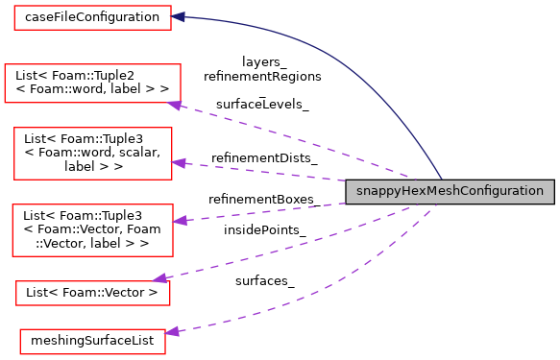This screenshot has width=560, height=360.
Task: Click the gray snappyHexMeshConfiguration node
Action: click(x=450, y=191)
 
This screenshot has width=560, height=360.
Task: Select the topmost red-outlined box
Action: click(x=92, y=17)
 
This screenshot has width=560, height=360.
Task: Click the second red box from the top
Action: click(x=92, y=84)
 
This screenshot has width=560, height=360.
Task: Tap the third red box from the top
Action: click(x=92, y=153)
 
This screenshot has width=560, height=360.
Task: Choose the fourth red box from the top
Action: click(x=92, y=229)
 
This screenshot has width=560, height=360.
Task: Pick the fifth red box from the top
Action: click(x=92, y=293)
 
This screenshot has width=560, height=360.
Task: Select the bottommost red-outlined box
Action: click(x=92, y=341)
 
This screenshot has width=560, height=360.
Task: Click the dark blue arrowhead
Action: click(x=178, y=17)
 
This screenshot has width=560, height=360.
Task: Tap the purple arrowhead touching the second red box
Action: click(x=175, y=105)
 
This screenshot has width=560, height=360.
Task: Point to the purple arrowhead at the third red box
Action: click(x=179, y=163)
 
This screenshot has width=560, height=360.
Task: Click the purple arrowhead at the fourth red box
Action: click(x=180, y=221)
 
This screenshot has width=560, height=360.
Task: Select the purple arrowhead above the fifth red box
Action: click(x=160, y=278)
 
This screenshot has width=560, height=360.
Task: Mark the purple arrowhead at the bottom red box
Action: click(x=172, y=332)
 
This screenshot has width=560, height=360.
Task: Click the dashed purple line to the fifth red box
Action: click(x=279, y=249)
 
